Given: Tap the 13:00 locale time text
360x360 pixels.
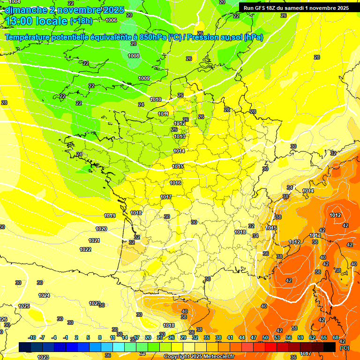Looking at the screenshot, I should (36, 21).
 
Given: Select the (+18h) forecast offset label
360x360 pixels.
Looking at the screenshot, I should (81, 21).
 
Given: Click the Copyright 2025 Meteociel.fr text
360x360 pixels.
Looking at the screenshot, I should (199, 356).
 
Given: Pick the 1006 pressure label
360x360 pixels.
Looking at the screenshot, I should (111, 20).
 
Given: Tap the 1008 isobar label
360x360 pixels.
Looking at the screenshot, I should (134, 56).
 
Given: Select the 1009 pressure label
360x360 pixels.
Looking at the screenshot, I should (144, 78).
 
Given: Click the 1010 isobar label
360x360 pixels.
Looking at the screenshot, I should (156, 99).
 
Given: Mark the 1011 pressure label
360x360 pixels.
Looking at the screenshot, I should (163, 114).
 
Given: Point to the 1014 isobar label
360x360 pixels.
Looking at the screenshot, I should (179, 151).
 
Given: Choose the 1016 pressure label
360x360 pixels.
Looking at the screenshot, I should (175, 183).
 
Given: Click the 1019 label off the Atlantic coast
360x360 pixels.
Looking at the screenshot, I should (110, 216).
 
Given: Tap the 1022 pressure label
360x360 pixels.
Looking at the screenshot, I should (85, 249).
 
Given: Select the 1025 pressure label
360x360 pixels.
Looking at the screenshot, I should (24, 306).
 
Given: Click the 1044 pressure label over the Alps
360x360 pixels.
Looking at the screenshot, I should (308, 191).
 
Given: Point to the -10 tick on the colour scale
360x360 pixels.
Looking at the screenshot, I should (32, 337).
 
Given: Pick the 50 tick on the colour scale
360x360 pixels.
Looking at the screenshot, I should (265, 337).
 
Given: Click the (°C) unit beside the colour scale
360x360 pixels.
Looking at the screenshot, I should (344, 347).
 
